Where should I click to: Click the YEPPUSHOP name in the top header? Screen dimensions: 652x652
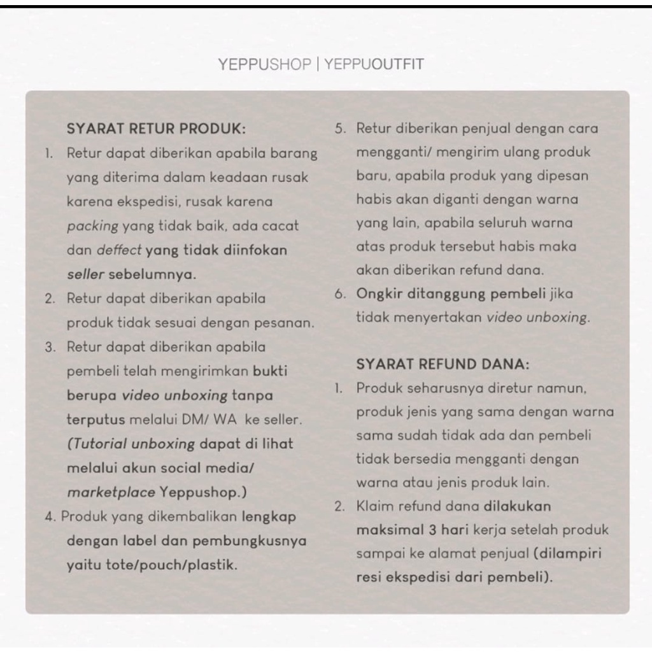coord(264,64)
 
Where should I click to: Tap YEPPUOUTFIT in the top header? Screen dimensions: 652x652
coord(374,64)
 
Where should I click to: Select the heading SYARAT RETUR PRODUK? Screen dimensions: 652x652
coord(156,129)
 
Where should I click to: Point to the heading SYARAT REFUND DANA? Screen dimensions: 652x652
coord(443,365)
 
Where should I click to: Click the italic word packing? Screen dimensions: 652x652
coord(92,226)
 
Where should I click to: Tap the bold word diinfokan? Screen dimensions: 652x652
coord(255,250)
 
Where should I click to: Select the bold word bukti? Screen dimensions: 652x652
coord(270,371)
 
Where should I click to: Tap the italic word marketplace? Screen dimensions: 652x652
coord(111,492)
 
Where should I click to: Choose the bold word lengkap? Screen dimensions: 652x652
coord(269,516)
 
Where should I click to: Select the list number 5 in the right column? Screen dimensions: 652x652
coord(341,129)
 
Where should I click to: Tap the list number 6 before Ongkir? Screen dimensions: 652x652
coord(341,294)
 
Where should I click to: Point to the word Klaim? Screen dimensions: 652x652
coord(375,507)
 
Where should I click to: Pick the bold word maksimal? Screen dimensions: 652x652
coord(388,530)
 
